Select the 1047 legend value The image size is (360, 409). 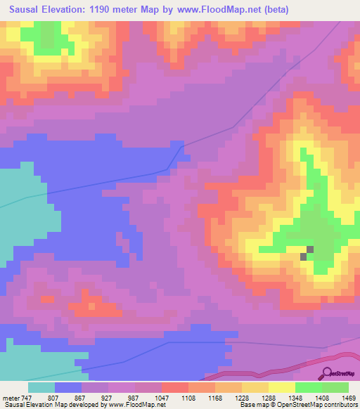click(161, 397)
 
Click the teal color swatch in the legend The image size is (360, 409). click(41, 387)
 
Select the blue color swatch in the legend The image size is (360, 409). click(68, 387)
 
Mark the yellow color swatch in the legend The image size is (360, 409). click(281, 387)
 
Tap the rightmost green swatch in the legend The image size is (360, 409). click(335, 387)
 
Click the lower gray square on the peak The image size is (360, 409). click(304, 257)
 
